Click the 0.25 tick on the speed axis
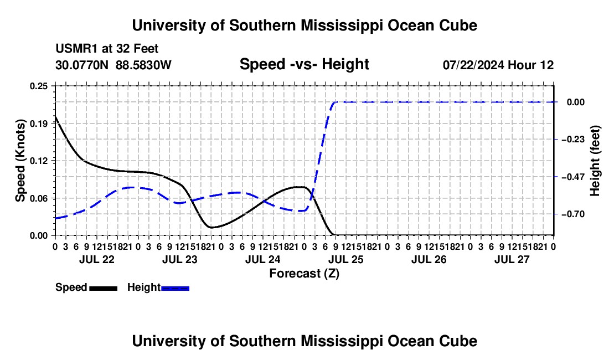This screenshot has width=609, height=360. (x=39, y=86)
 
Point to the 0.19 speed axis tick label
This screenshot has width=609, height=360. (x=39, y=124)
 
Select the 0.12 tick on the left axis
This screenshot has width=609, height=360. (x=39, y=161)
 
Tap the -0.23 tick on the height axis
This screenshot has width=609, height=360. (x=573, y=140)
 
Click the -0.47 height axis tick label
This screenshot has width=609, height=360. (x=573, y=177)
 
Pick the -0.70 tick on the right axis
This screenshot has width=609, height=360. (x=573, y=214)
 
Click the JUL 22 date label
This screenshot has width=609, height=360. (x=97, y=259)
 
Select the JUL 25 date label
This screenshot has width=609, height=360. (x=346, y=259)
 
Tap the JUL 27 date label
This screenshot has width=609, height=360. (x=512, y=259)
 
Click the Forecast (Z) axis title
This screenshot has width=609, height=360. (x=304, y=274)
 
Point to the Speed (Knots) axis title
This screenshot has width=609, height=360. (x=20, y=161)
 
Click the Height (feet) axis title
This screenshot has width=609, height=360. (x=595, y=161)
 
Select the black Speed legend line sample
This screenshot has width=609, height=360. (x=104, y=289)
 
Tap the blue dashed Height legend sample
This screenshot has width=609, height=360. (x=175, y=289)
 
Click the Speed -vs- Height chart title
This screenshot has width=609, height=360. (x=304, y=64)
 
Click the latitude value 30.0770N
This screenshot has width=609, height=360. (x=82, y=65)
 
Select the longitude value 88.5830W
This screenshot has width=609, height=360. (x=143, y=65)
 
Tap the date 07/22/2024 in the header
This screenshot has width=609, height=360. (x=473, y=65)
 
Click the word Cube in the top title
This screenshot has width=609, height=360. (x=458, y=25)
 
